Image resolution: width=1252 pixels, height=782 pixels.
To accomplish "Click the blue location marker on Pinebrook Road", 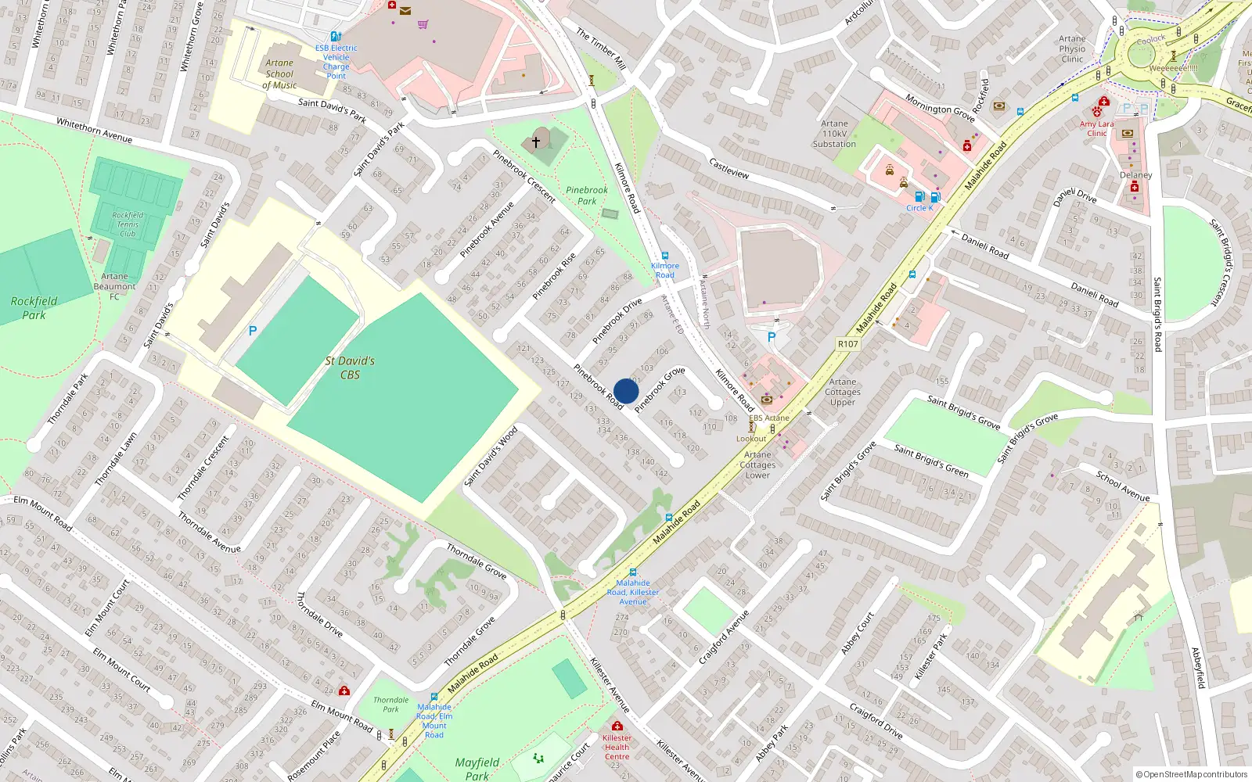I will pos(626,391).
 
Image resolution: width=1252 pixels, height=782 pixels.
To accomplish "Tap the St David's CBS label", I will pos(350,368).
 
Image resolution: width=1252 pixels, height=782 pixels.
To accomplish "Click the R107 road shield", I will pos(847,344).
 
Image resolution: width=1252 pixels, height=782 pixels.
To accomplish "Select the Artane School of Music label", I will pos(279,74).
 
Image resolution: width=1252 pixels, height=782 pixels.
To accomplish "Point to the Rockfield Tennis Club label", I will pos(128,224).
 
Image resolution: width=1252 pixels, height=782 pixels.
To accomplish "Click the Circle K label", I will pos(919,208).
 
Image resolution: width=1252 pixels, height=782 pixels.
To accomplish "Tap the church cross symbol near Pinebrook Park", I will pos(536,142).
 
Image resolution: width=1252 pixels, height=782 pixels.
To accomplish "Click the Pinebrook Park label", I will pos(587,195).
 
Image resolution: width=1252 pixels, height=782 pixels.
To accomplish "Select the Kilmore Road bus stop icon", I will pos(665,256).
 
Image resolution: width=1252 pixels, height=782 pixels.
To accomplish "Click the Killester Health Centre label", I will pos(617,747).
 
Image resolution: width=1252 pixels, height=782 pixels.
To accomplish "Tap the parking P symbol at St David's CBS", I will pos(253,331).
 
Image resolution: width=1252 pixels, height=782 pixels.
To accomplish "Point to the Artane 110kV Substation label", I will pos(834,134).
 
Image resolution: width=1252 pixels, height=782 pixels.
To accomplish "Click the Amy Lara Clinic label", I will pos(1096,128).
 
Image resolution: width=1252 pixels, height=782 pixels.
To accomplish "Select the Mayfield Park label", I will pos(477,768).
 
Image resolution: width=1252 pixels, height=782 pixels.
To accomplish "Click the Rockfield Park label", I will pos(34,307).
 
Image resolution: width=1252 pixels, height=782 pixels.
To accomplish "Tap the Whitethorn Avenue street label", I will pos(94,130).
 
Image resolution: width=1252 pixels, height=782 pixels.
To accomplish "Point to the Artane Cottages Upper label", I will pos(843,392).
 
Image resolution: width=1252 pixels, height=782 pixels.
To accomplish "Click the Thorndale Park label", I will pos(390,705).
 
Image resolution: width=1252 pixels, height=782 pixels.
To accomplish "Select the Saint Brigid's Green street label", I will pos(931,461).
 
